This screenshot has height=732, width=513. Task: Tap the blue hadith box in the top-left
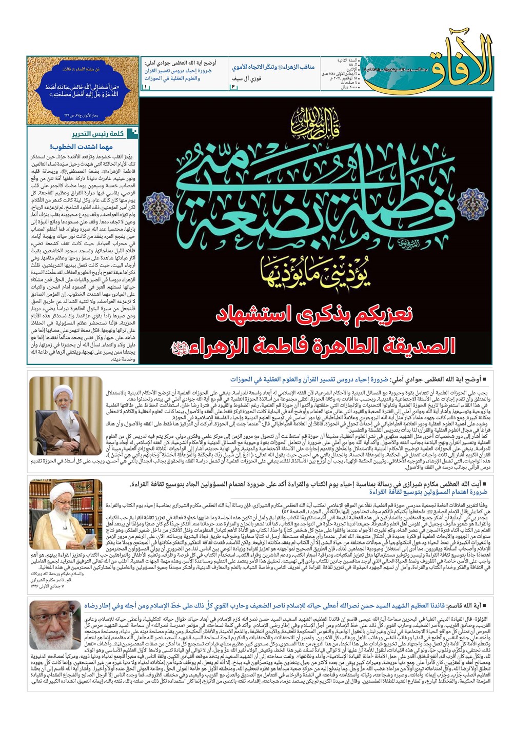[83, 90]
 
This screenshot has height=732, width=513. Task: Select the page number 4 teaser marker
[232, 87]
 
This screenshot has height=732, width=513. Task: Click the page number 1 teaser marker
[145, 87]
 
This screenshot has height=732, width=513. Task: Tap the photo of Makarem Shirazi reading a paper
[66, 515]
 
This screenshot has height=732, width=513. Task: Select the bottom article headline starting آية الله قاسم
[287, 605]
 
